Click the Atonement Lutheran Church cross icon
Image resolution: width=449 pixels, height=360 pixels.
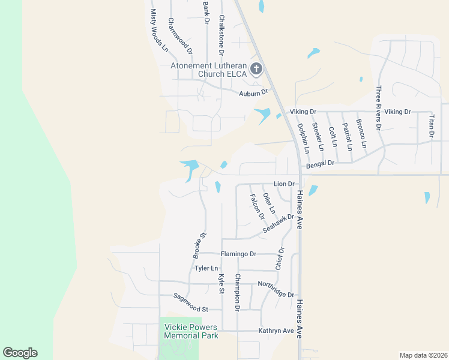point(256,69)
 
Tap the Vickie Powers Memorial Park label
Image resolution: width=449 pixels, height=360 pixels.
point(191,331)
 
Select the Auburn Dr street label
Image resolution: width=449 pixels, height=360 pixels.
point(253,93)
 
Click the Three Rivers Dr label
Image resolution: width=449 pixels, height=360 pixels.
point(379,108)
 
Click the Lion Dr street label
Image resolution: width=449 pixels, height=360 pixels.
point(285,184)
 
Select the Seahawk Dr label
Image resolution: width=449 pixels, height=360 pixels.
point(279,224)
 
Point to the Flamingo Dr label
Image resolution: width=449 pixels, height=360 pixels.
point(238,254)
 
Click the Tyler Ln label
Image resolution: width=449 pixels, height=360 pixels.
point(205,268)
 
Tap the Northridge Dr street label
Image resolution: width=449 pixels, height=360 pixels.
point(276,289)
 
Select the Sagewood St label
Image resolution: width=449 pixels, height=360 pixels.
point(190,302)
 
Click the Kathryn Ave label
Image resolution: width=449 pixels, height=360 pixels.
point(276,331)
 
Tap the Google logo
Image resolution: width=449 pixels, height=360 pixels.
point(20,353)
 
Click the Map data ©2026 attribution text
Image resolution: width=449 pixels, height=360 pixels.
point(423,355)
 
